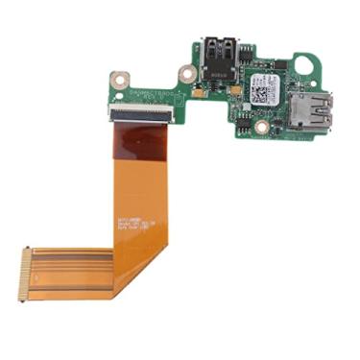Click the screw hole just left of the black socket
(x=186, y=72)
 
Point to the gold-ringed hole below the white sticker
(x=260, y=126)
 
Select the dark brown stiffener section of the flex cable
(x=139, y=142)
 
